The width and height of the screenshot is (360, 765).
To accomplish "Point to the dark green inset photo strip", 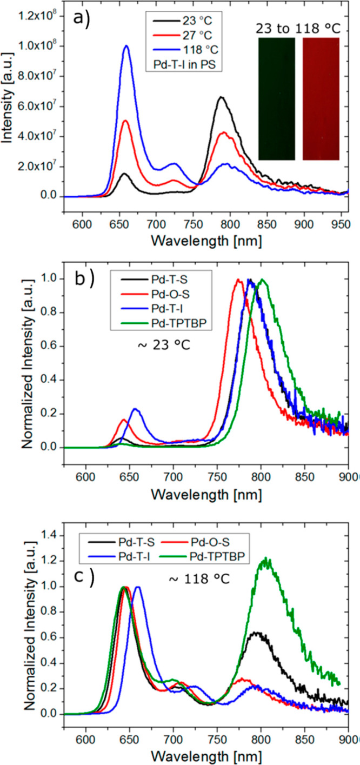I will pyautogui.click(x=276, y=99).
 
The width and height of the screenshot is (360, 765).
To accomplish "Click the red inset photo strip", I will pyautogui.click(x=321, y=99).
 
